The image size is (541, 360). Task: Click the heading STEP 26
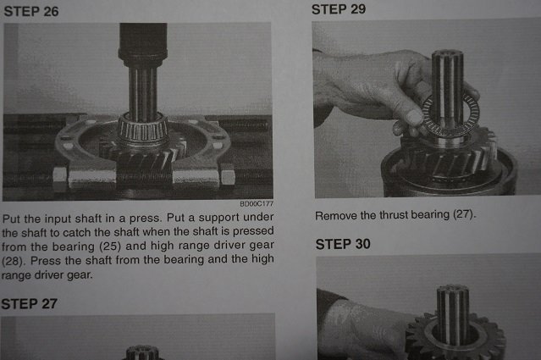[31, 11]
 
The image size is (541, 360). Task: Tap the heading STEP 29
[339, 9]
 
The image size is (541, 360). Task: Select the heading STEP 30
[343, 244]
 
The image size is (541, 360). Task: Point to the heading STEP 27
[29, 304]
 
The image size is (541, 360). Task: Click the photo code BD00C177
[257, 203]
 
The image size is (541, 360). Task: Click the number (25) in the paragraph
[110, 246]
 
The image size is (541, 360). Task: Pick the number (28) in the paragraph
[13, 261]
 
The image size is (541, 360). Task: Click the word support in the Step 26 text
[218, 218]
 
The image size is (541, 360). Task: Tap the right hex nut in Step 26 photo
[227, 176]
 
